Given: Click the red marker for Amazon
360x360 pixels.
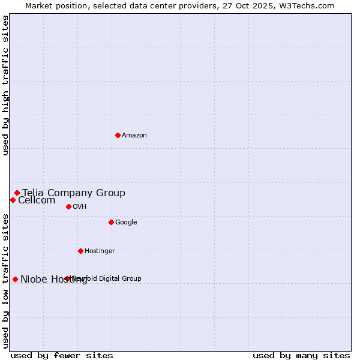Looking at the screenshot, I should [x=118, y=135].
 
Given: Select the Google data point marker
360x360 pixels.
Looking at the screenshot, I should [x=111, y=222].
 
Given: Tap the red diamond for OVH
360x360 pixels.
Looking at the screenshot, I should [x=68, y=206].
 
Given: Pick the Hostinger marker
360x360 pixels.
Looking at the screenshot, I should [x=80, y=251].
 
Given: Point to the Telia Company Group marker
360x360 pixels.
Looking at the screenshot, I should [x=17, y=193].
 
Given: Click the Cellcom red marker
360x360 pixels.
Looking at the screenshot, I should [x=13, y=200].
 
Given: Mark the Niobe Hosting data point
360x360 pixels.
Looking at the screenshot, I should [x=15, y=279].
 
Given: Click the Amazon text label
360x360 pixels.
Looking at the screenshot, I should [x=134, y=136].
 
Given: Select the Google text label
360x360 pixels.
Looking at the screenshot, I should [x=126, y=223].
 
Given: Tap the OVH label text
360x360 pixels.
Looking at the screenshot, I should [x=80, y=207].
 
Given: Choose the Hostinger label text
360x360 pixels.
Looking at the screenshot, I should [x=100, y=251].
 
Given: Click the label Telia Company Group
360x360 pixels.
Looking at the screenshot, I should [x=74, y=193].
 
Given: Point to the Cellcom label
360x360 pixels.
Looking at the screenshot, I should [x=37, y=200].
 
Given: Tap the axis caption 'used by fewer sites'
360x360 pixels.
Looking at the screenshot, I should [x=62, y=355].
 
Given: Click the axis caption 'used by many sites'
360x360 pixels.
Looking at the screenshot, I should [x=301, y=355].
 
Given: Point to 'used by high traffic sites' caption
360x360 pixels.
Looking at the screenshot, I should [x=6, y=86].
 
